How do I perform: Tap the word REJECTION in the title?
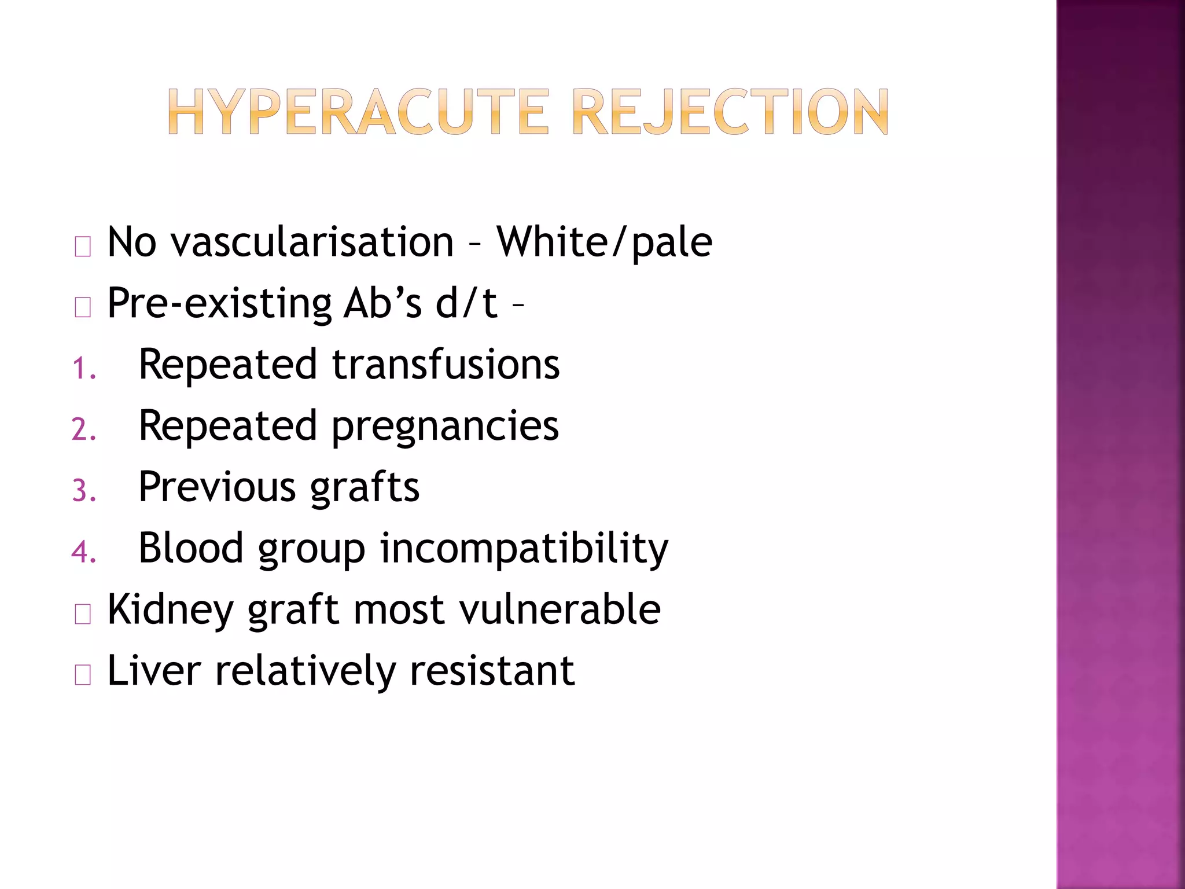(x=730, y=112)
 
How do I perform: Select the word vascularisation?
(x=312, y=242)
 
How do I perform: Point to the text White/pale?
(x=605, y=242)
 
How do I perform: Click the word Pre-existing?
(x=219, y=303)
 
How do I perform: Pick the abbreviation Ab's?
(x=382, y=303)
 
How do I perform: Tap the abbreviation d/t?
(x=466, y=303)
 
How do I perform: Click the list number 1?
(x=83, y=369)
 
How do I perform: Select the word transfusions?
(x=446, y=365)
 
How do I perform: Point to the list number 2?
(x=83, y=430)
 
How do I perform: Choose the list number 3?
(x=83, y=491)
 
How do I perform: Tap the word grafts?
(x=365, y=488)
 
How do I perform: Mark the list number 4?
(x=83, y=552)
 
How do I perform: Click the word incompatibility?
(x=524, y=549)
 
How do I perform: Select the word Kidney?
(x=170, y=610)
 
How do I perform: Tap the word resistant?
(x=492, y=671)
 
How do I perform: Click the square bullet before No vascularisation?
(x=83, y=247)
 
